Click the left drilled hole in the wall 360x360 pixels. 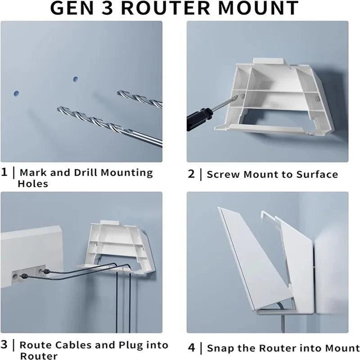(17, 94)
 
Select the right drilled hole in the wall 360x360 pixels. (76, 80)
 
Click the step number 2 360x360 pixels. (191, 174)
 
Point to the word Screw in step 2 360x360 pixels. (224, 175)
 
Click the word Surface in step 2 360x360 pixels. (317, 175)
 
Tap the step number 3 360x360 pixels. (4, 346)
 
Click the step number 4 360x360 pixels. (191, 348)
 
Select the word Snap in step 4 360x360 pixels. (220, 348)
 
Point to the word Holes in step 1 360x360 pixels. (32, 183)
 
